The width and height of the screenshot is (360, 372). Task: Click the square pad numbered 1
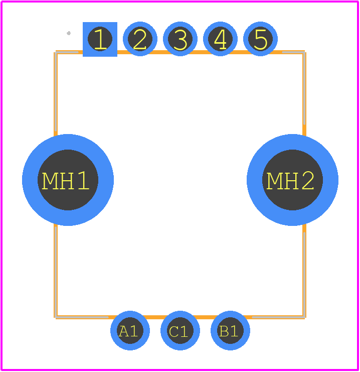click(100, 39)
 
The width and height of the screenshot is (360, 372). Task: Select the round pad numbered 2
click(140, 39)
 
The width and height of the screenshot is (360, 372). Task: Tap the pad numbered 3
click(180, 39)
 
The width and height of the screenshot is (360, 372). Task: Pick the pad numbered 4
click(221, 39)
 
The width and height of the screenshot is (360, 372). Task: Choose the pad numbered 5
click(260, 39)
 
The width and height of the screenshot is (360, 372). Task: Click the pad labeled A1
click(130, 330)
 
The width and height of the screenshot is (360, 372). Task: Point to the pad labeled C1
click(180, 330)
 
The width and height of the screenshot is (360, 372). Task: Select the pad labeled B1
click(230, 330)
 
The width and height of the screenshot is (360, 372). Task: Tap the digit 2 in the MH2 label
click(308, 181)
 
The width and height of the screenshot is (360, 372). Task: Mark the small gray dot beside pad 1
click(69, 33)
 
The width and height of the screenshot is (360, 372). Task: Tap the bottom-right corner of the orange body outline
click(304, 317)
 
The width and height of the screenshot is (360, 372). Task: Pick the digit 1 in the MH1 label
click(83, 181)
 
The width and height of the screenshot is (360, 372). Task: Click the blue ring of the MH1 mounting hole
click(30, 180)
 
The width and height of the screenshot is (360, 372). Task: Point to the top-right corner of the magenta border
click(358, 2)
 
